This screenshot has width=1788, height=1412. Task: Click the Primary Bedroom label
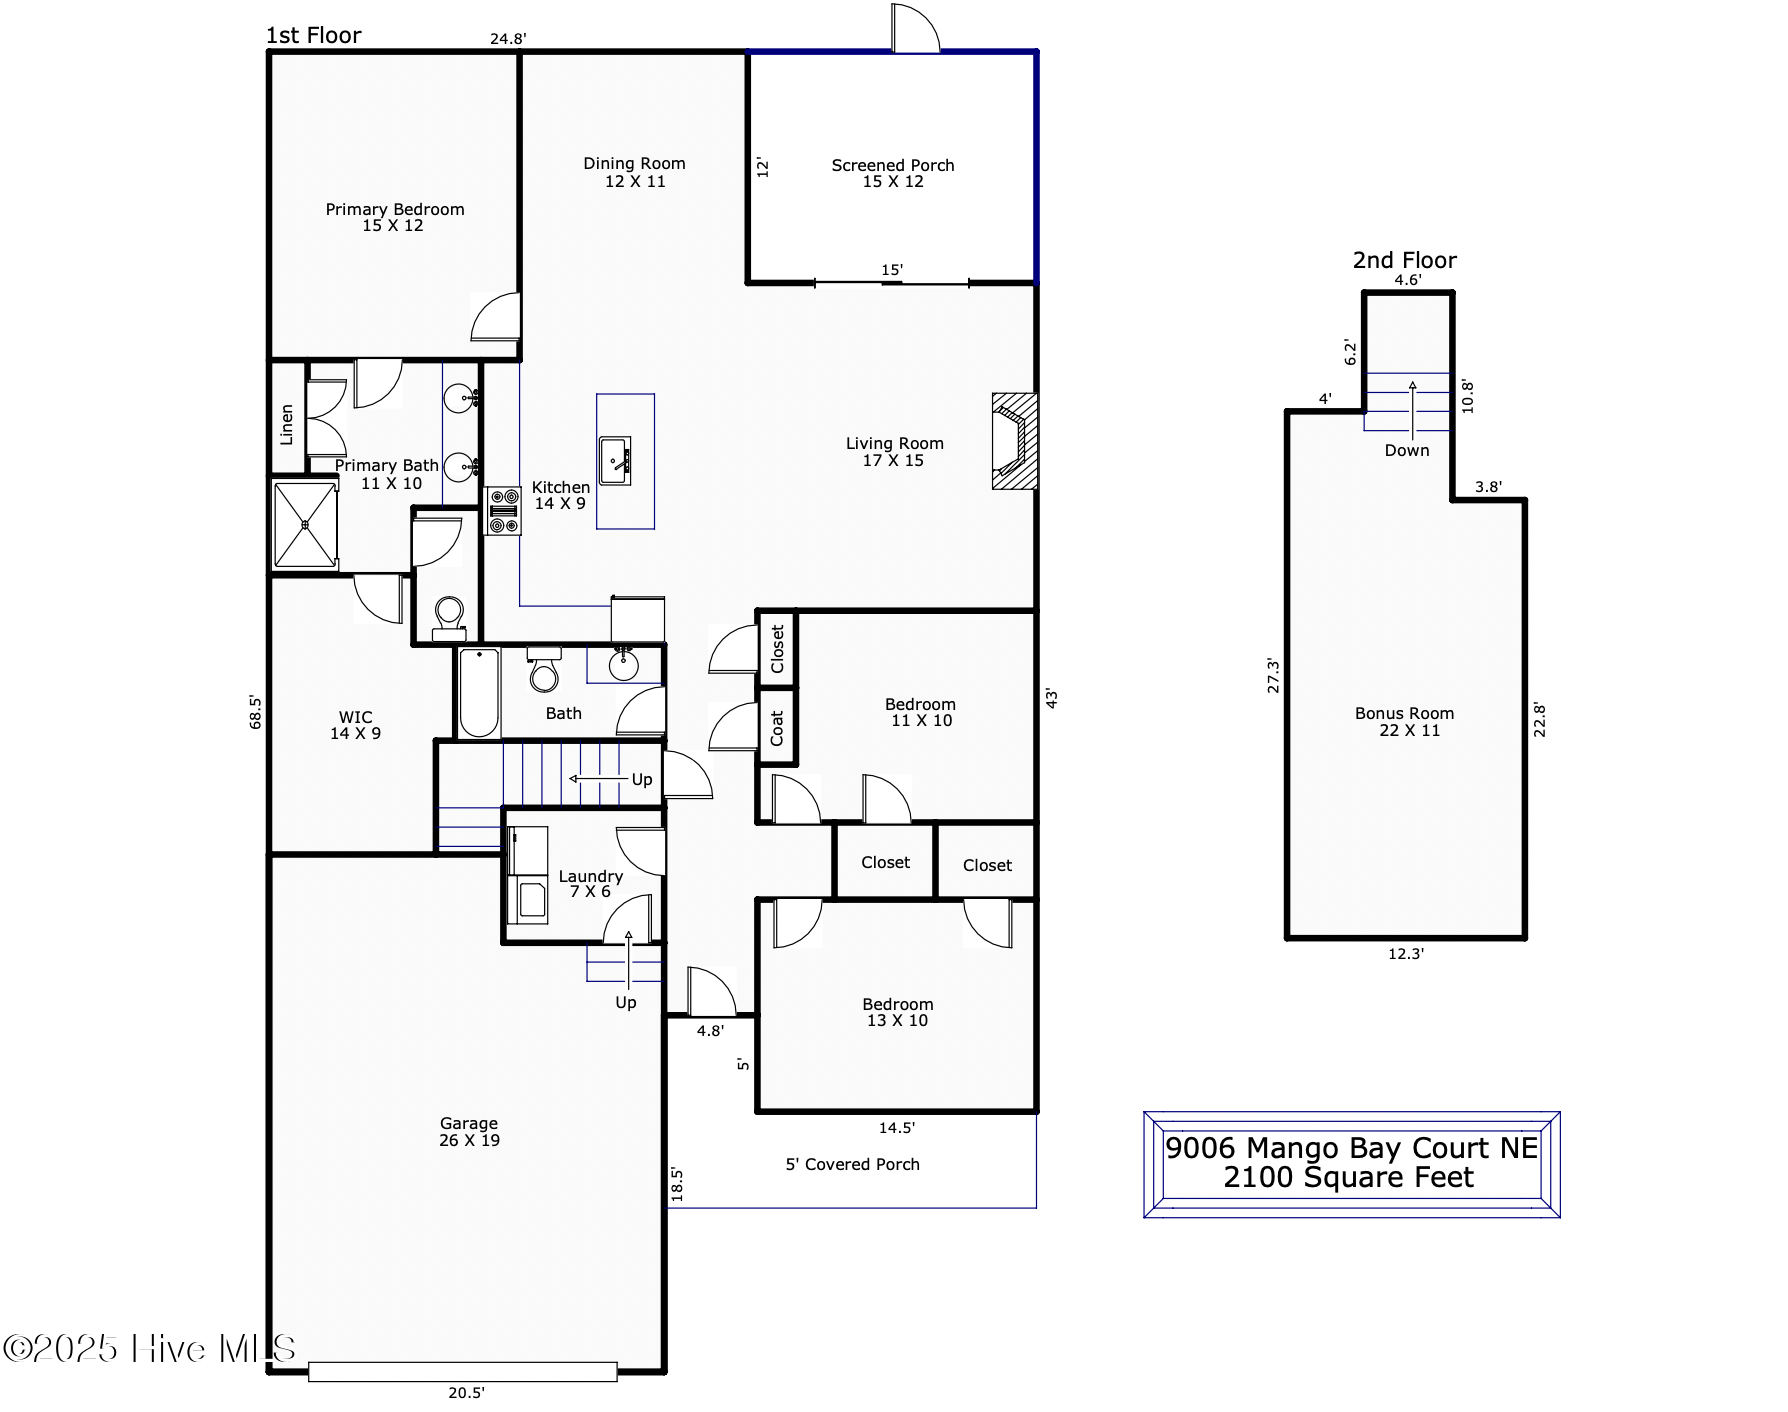click(x=395, y=217)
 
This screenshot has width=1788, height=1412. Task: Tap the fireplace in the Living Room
click(x=1014, y=441)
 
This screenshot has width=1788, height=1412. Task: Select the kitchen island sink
click(x=615, y=461)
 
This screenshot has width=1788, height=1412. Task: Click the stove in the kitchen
click(x=503, y=511)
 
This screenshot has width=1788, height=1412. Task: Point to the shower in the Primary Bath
click(x=305, y=525)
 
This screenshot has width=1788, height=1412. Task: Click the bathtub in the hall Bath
click(x=480, y=693)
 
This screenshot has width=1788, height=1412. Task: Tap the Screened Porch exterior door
click(x=916, y=28)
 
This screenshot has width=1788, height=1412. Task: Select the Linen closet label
click(x=287, y=425)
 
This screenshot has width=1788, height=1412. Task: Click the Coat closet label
click(x=777, y=728)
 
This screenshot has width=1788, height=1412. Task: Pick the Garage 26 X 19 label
click(x=469, y=1132)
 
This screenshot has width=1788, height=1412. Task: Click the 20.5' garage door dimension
click(x=466, y=1392)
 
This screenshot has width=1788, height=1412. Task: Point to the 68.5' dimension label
click(x=256, y=712)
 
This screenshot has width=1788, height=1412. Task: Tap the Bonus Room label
click(x=1405, y=722)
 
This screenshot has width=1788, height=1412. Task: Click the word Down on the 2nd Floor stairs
click(x=1407, y=451)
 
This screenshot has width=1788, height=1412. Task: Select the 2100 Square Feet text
click(x=1349, y=1178)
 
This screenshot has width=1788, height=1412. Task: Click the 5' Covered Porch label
click(x=852, y=1164)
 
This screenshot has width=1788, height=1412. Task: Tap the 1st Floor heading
click(x=314, y=35)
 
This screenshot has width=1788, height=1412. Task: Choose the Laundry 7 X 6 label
click(x=591, y=884)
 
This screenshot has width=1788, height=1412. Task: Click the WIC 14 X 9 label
click(x=356, y=725)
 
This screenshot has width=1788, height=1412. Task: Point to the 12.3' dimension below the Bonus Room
click(x=1406, y=954)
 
